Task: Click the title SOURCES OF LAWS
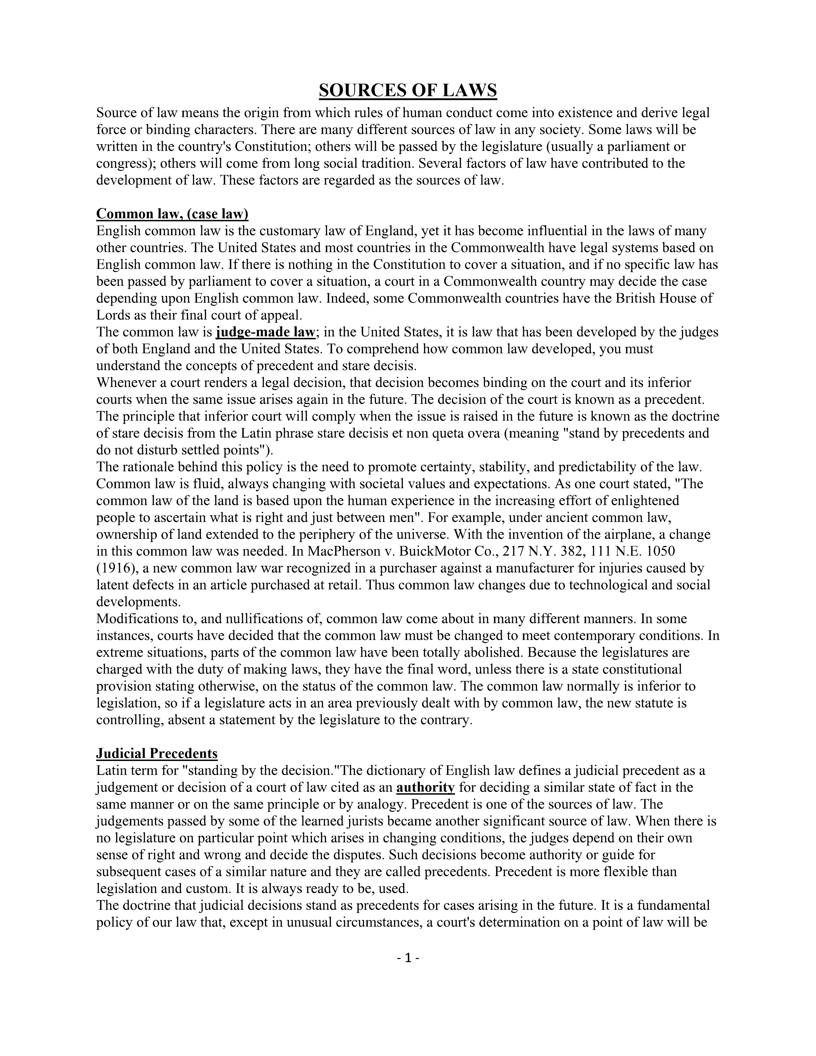(407, 91)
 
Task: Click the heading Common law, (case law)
(172, 214)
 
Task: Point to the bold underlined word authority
(425, 787)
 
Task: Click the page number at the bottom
(407, 957)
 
